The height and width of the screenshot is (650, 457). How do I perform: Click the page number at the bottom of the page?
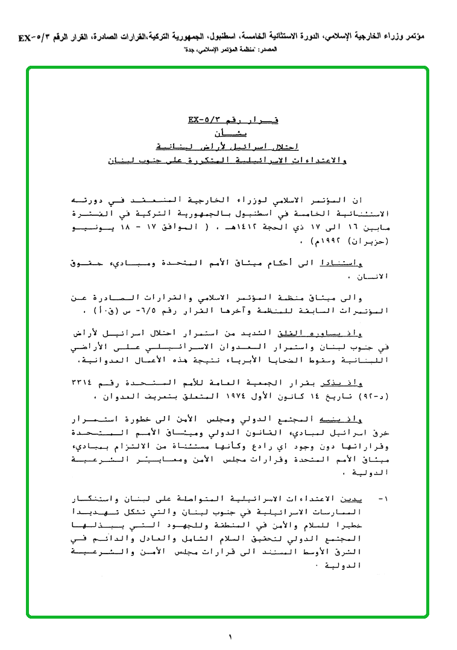(x=230, y=636)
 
